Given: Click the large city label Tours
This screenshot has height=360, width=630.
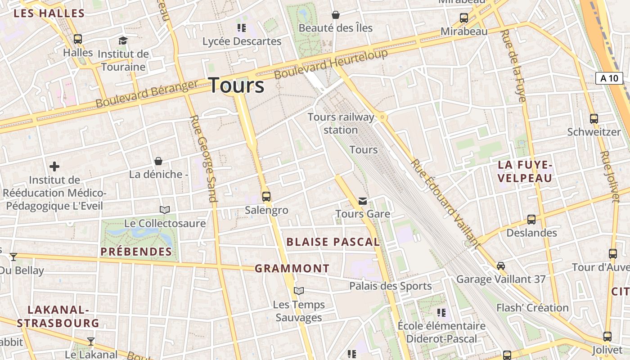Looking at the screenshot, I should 236,85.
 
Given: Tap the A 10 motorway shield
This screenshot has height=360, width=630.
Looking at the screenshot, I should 609,78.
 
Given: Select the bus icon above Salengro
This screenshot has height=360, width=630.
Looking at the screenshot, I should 266,197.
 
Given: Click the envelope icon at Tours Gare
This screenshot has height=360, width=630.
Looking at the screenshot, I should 363,201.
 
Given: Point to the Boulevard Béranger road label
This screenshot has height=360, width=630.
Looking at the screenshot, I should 147,94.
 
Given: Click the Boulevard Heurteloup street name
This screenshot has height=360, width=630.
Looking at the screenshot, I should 331,64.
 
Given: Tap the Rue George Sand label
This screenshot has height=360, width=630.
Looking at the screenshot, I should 203,158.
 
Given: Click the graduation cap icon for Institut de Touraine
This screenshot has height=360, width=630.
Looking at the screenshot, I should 123,41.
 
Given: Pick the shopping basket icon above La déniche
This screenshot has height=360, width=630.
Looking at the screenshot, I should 158,161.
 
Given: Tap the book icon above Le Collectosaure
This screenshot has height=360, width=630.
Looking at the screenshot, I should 165,210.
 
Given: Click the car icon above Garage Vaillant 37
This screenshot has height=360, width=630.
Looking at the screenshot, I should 501,266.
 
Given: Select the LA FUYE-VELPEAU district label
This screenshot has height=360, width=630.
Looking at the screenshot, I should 525,171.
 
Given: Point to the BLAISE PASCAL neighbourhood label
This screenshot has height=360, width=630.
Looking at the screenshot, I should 333,242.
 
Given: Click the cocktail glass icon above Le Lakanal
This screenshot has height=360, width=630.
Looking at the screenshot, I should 91,342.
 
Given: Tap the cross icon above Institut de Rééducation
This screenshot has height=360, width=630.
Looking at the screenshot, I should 54,167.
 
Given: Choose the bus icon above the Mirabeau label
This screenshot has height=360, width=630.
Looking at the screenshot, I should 464,18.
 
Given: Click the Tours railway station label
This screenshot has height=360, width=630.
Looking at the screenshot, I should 341,123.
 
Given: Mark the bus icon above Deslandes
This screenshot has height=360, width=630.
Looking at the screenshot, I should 531,220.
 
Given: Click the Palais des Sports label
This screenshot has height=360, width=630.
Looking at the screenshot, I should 390,286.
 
